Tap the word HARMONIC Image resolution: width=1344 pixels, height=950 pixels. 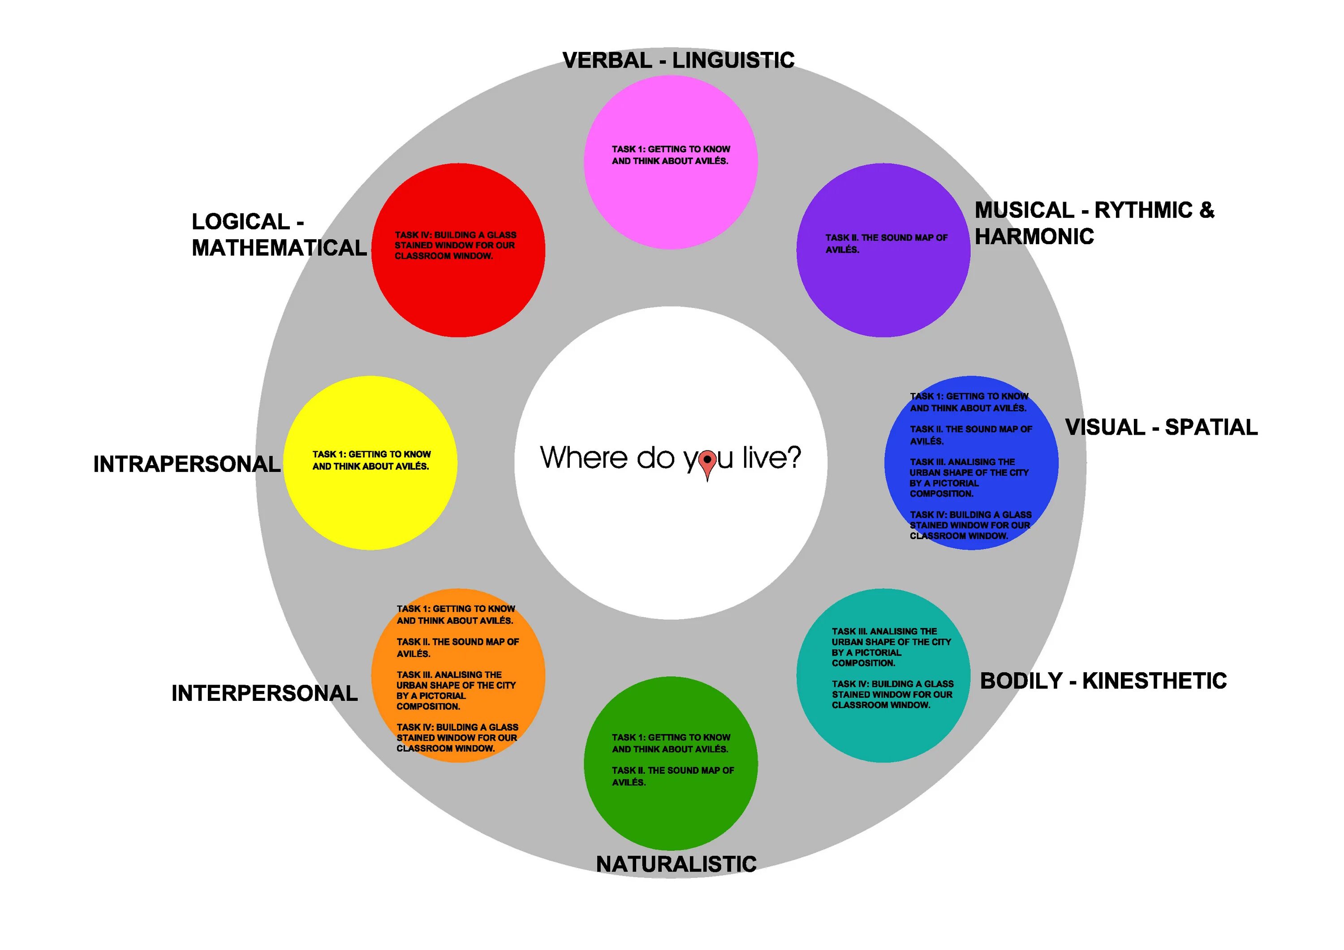coord(1034,237)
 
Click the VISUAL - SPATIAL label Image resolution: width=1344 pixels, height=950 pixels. coord(1161,427)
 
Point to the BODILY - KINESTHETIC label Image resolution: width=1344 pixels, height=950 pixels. coord(1103,681)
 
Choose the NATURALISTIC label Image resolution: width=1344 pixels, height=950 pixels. coord(676,864)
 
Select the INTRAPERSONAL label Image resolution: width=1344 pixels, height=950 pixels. coord(187,464)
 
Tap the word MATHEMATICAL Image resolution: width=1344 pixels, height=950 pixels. coord(279,248)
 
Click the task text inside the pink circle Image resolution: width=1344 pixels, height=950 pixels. coord(670,155)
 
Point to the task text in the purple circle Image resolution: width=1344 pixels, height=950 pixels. coord(886,243)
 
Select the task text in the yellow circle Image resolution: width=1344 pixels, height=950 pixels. coord(371,460)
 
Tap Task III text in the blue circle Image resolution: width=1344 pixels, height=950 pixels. coord(968,478)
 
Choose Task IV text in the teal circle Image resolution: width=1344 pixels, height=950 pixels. coord(892,694)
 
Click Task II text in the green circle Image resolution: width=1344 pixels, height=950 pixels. coord(672,776)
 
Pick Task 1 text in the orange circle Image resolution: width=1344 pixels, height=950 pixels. coord(456,615)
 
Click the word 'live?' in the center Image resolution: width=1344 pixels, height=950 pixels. coord(771,457)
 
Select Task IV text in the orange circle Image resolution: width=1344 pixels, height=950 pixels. coord(457,738)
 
